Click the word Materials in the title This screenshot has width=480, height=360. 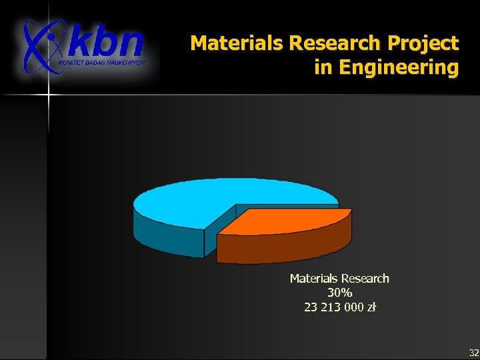(x=237, y=44)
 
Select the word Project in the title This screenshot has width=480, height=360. (x=424, y=44)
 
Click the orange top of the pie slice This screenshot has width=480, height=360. (x=287, y=222)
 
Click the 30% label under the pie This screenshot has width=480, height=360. (x=339, y=293)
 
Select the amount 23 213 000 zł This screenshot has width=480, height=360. (x=339, y=307)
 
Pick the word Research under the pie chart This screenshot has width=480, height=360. (x=365, y=279)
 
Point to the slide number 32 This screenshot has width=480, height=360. (x=473, y=352)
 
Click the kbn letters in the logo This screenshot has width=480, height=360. (x=107, y=43)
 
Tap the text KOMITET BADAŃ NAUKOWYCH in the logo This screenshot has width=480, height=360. (x=101, y=61)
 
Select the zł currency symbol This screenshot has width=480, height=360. (x=371, y=307)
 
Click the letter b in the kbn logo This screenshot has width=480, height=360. (x=107, y=41)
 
